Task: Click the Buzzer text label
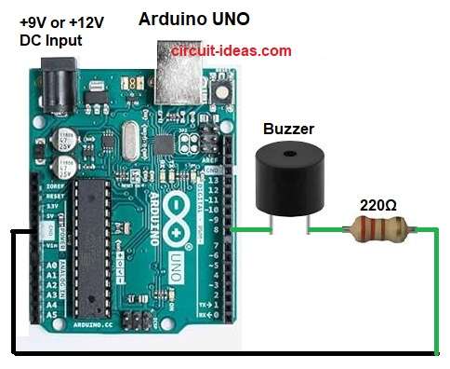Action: pos(287,130)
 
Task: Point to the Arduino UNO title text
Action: pos(193,20)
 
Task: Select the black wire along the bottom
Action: pos(223,353)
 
